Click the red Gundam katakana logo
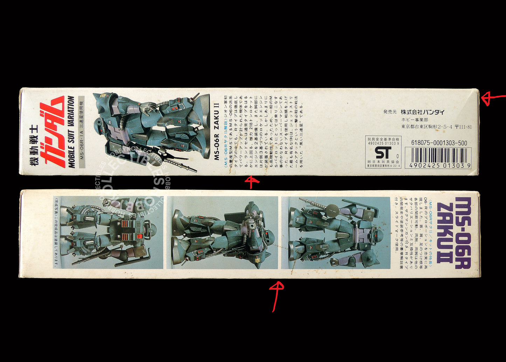tap(52, 131)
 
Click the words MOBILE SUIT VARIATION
tap(71, 132)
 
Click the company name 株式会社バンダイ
tap(422, 112)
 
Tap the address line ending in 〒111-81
tap(436, 127)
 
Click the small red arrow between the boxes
tap(252, 182)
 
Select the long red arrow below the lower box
tap(276, 296)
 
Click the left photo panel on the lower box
tap(108, 233)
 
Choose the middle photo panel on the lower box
tap(222, 233)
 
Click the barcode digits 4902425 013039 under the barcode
tap(438, 165)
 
